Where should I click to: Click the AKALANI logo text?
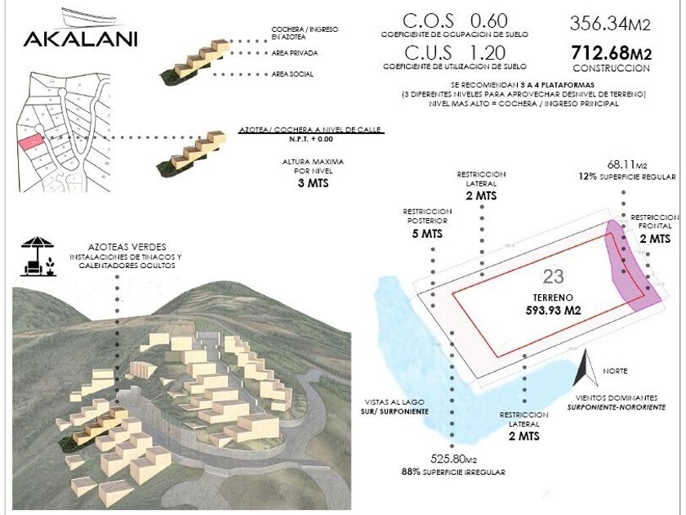pyautogui.click(x=80, y=38)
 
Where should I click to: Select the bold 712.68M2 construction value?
pyautogui.click(x=611, y=54)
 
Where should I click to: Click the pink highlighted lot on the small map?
pyautogui.click(x=30, y=142)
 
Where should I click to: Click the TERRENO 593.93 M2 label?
pyautogui.click(x=546, y=304)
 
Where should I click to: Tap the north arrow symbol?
pyautogui.click(x=586, y=370)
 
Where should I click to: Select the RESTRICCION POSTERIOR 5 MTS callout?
pyautogui.click(x=425, y=223)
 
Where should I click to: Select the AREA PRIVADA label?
pyautogui.click(x=295, y=53)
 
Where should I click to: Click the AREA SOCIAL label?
pyautogui.click(x=292, y=74)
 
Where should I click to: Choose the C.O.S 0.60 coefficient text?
pyautogui.click(x=454, y=21)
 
